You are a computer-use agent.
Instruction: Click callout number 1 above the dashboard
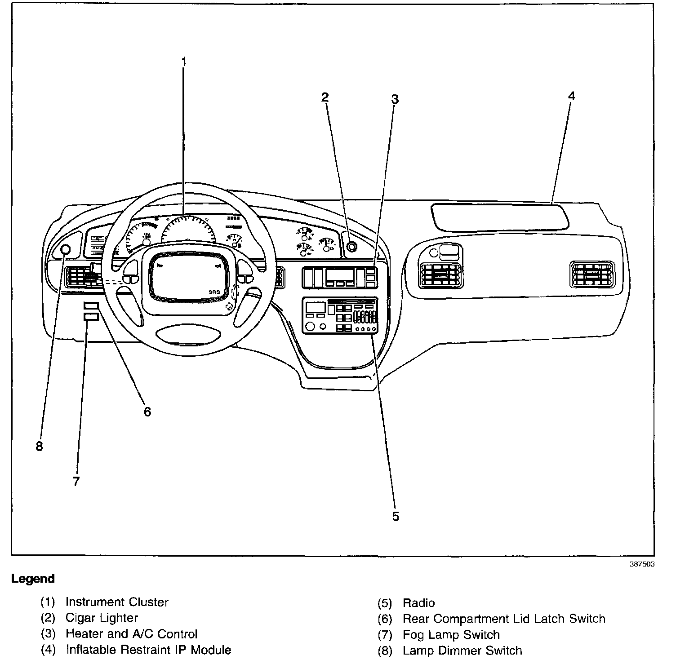tap(183, 61)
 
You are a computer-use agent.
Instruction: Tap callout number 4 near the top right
tap(571, 96)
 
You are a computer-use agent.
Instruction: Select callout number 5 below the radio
tap(395, 517)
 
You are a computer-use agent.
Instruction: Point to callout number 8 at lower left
tap(40, 447)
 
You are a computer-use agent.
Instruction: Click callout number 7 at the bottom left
tap(76, 482)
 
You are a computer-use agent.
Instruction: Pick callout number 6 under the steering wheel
tap(147, 412)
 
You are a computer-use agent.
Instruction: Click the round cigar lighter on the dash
tap(351, 246)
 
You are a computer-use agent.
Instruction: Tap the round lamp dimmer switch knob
tap(65, 250)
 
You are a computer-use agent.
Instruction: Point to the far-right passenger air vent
tap(592, 274)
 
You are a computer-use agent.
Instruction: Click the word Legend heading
tap(33, 579)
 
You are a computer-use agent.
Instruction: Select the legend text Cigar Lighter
tap(102, 618)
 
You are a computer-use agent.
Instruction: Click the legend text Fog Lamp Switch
tap(451, 635)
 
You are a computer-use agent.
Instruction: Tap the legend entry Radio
tap(418, 603)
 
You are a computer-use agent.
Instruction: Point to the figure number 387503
tap(641, 564)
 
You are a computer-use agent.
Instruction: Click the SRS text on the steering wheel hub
tap(215, 292)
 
